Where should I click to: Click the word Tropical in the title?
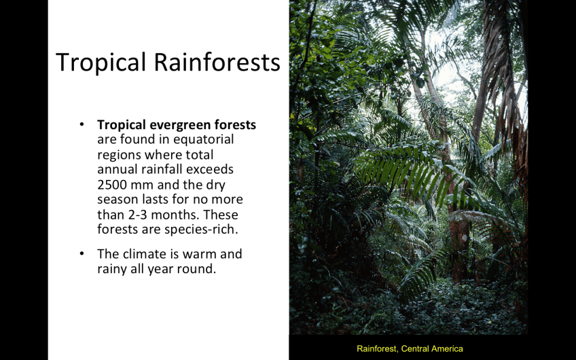101,62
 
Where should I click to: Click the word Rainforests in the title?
217,61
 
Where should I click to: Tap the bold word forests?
235,124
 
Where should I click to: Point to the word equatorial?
204,140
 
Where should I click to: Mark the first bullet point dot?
82,124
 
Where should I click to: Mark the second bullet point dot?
82,254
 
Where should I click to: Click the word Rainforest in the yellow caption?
377,349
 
